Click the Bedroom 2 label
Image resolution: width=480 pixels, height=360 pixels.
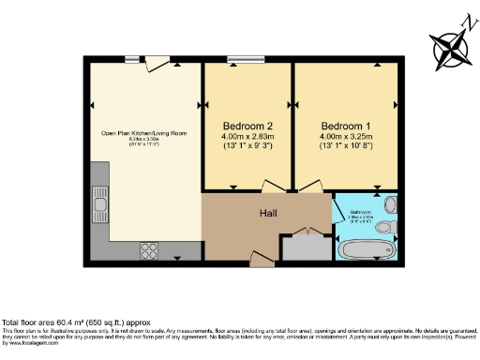[x=248, y=126]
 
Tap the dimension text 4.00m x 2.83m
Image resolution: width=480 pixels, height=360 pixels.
[x=248, y=137]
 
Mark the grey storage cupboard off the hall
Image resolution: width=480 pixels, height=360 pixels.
[x=306, y=247]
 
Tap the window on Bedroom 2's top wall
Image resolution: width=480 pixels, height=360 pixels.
[x=247, y=60]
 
